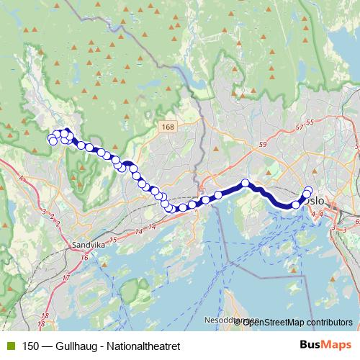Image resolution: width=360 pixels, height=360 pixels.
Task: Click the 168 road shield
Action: (168, 127)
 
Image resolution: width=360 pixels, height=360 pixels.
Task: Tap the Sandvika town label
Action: (88, 245)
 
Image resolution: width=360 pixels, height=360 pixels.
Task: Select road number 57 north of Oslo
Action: (300, 127)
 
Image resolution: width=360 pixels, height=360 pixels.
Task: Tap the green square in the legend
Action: (13, 346)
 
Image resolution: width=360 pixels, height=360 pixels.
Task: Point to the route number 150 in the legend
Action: (32, 346)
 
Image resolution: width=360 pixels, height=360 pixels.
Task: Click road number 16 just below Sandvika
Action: (84, 257)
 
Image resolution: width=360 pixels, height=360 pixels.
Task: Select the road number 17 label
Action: (66, 277)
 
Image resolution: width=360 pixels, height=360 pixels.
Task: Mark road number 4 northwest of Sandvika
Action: (22, 178)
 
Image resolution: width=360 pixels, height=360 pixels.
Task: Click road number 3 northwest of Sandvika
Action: (44, 212)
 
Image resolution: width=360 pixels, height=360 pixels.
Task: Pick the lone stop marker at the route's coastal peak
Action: (246, 183)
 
